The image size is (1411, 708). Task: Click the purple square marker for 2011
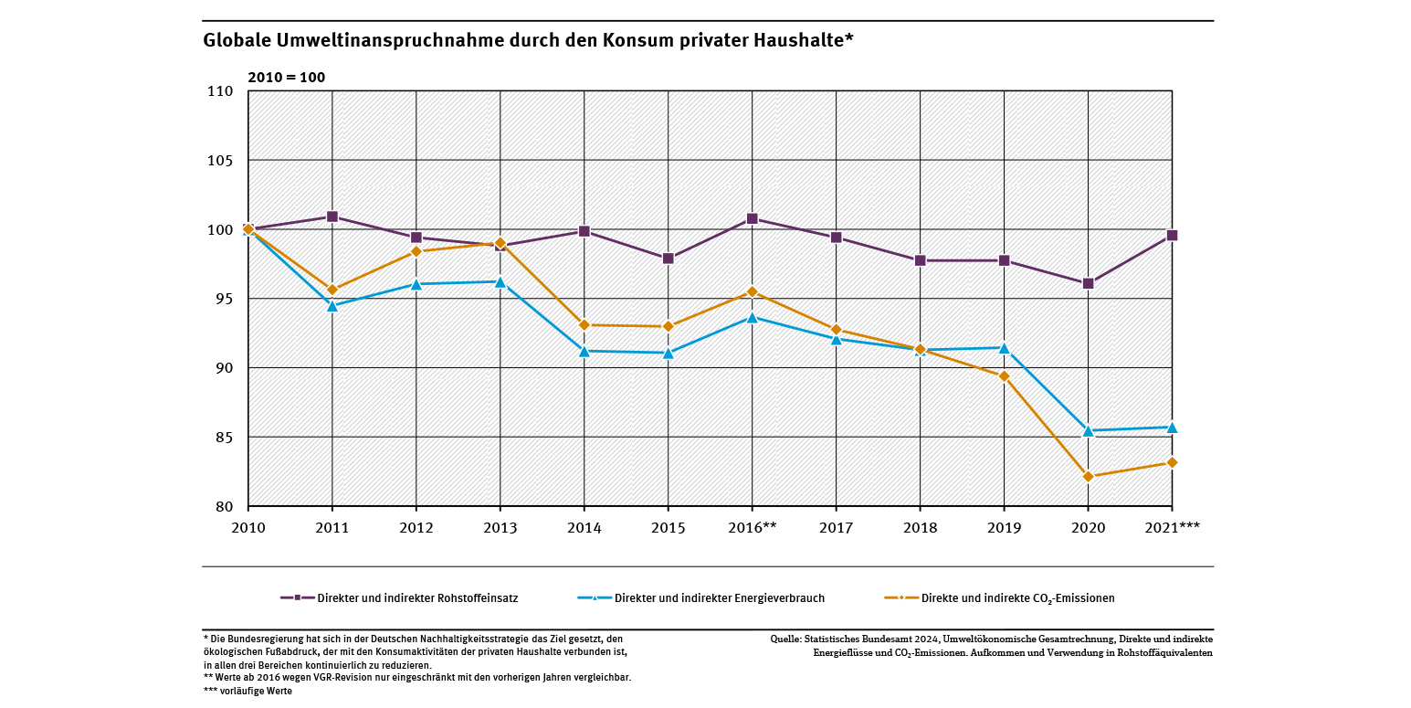(x=332, y=217)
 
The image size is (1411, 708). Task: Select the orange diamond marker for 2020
(x=1088, y=476)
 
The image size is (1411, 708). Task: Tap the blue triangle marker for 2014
(x=584, y=351)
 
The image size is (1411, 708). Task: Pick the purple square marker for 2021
(x=1172, y=235)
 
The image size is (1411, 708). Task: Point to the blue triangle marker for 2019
(x=1004, y=348)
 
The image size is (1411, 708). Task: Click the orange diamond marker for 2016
(x=752, y=291)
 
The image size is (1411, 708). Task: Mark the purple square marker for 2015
(x=668, y=259)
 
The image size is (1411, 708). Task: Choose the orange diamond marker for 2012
(x=416, y=251)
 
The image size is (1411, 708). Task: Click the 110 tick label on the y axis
(x=221, y=91)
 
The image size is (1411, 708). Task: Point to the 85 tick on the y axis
(x=225, y=438)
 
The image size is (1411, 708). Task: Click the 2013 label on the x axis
(x=500, y=528)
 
